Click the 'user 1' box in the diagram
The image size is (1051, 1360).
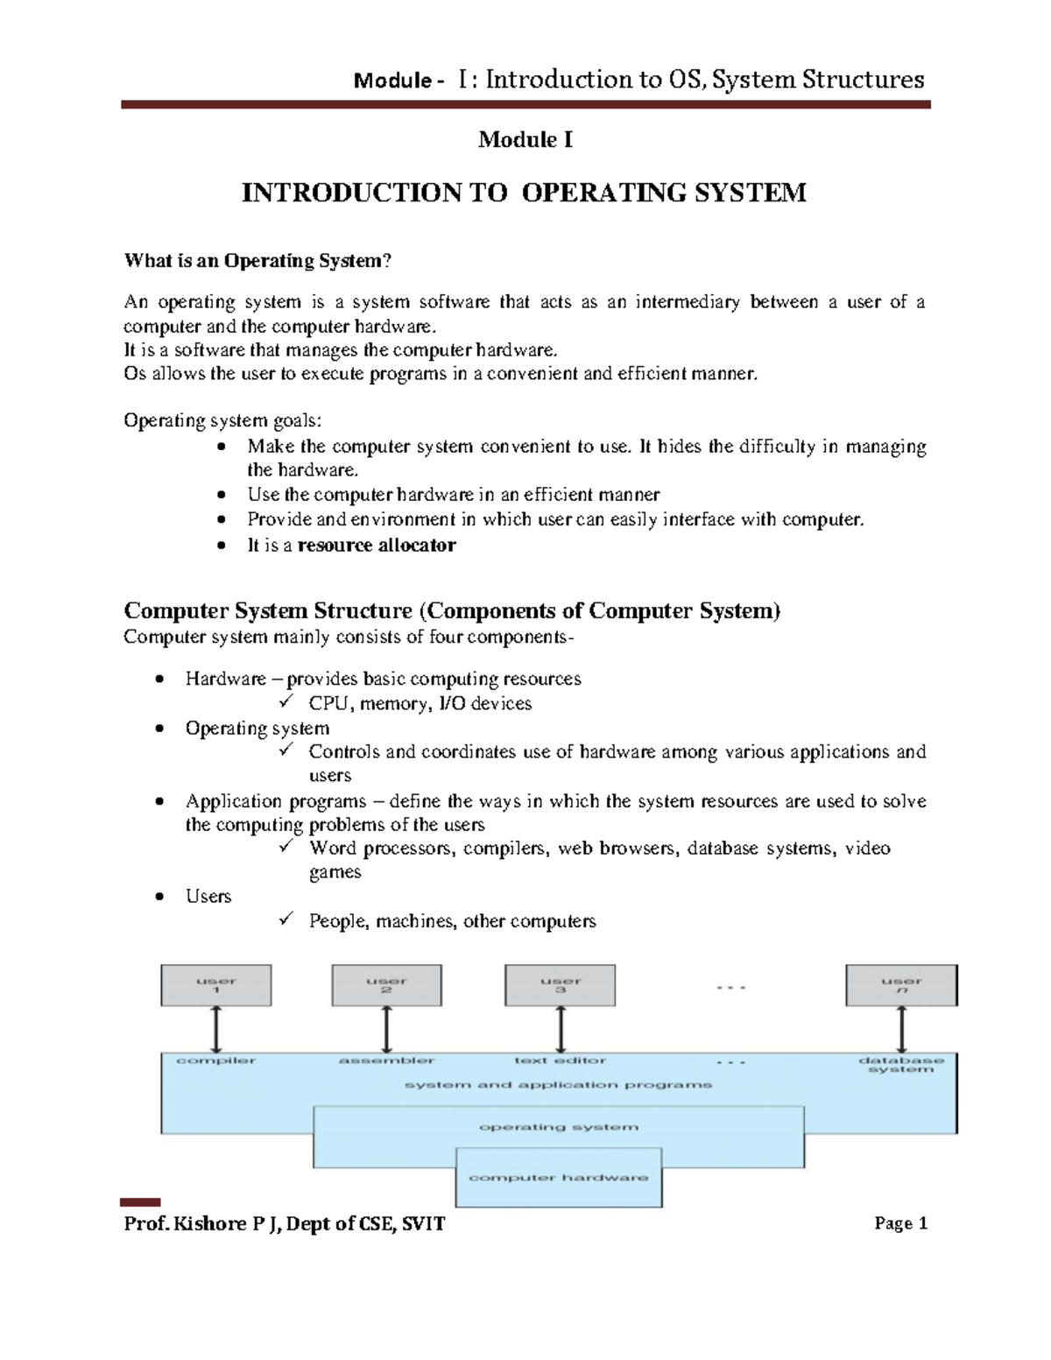[x=215, y=985]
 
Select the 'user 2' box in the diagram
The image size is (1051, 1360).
[x=386, y=985]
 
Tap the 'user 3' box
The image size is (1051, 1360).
[x=560, y=985]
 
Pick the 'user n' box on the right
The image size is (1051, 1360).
[x=901, y=985]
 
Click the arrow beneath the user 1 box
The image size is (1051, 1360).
[x=216, y=1029]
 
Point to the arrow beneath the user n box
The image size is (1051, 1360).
[x=902, y=1029]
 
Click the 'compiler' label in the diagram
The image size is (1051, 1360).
[x=215, y=1061]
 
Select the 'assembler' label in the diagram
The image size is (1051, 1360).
[x=386, y=1061]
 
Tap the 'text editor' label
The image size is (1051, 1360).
[x=560, y=1061]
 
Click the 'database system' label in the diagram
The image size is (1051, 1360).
[x=901, y=1065]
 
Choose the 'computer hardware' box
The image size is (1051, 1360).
[x=559, y=1178]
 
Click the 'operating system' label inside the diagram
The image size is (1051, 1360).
[x=559, y=1127]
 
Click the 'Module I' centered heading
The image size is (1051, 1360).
[x=525, y=139]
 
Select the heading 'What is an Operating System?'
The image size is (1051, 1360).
[x=257, y=260]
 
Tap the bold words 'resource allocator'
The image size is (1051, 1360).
[x=377, y=545]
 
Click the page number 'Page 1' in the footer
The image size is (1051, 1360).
[x=900, y=1223]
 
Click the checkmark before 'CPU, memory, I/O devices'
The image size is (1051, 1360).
[x=286, y=702]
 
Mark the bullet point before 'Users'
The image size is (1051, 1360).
[x=159, y=897]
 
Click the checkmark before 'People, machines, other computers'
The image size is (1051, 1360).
[x=286, y=920]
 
